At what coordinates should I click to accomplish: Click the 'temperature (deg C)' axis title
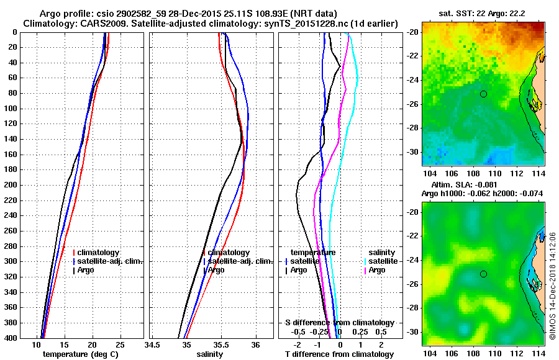[x=81, y=354]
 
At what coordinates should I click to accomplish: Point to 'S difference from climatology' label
[x=339, y=323]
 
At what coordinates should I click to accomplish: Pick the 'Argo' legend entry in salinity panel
[x=216, y=270]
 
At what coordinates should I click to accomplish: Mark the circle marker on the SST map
[x=483, y=94]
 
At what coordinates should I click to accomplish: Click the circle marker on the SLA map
[x=483, y=274]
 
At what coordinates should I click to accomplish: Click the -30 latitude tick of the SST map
[x=415, y=151]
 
